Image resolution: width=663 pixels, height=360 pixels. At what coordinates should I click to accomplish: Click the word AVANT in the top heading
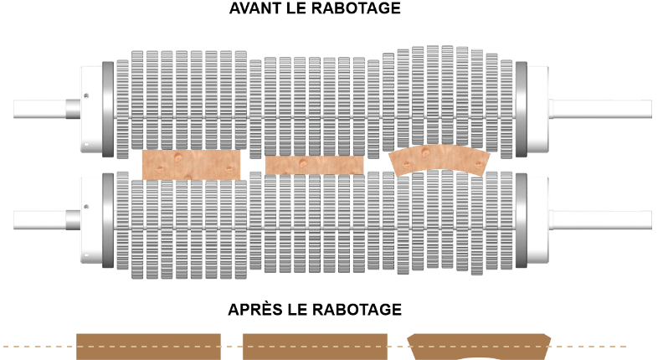tap(255, 8)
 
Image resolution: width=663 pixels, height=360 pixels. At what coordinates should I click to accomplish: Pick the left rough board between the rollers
tap(192, 165)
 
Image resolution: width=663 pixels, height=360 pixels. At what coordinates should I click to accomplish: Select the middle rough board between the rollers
tap(315, 165)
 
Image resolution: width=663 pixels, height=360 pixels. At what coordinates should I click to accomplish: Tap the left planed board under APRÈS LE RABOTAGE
tap(148, 347)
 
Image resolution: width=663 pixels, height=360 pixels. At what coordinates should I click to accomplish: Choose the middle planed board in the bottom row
tap(315, 347)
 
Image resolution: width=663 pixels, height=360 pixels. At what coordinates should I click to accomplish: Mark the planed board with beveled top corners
tap(479, 343)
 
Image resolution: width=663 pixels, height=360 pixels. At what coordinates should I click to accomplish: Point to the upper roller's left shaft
tap(47, 109)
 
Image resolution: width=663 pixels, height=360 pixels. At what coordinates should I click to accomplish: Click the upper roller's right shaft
tap(600, 109)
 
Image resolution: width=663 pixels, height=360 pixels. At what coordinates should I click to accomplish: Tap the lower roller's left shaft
tap(47, 220)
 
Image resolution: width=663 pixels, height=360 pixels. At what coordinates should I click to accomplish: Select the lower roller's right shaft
tap(600, 220)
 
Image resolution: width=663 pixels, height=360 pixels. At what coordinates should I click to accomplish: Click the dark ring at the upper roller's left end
tap(108, 109)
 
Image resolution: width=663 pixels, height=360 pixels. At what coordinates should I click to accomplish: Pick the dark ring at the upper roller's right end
tap(522, 109)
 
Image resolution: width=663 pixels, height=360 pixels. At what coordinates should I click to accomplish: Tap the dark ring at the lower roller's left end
tap(108, 220)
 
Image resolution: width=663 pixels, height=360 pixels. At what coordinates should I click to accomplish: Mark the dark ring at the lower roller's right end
tap(522, 220)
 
